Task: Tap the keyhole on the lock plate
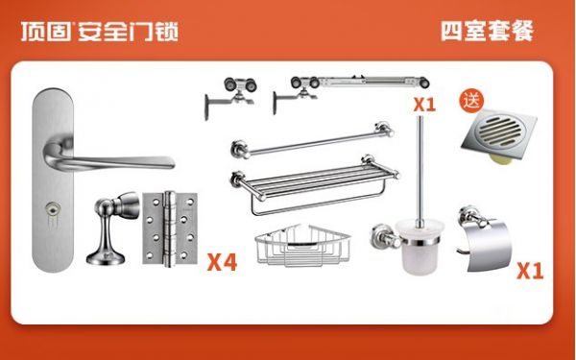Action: (52, 208)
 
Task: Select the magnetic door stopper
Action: (112, 228)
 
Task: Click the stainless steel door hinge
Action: (170, 228)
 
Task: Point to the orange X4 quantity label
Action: (223, 262)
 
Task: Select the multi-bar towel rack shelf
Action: (315, 183)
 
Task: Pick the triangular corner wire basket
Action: (303, 245)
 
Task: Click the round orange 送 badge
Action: (471, 101)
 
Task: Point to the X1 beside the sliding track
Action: (424, 105)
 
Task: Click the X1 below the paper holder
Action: (530, 271)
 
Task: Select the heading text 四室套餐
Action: (487, 31)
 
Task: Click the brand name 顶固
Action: (45, 32)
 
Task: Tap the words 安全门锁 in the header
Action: (129, 32)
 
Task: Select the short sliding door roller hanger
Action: (230, 97)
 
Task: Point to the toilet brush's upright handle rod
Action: (420, 168)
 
